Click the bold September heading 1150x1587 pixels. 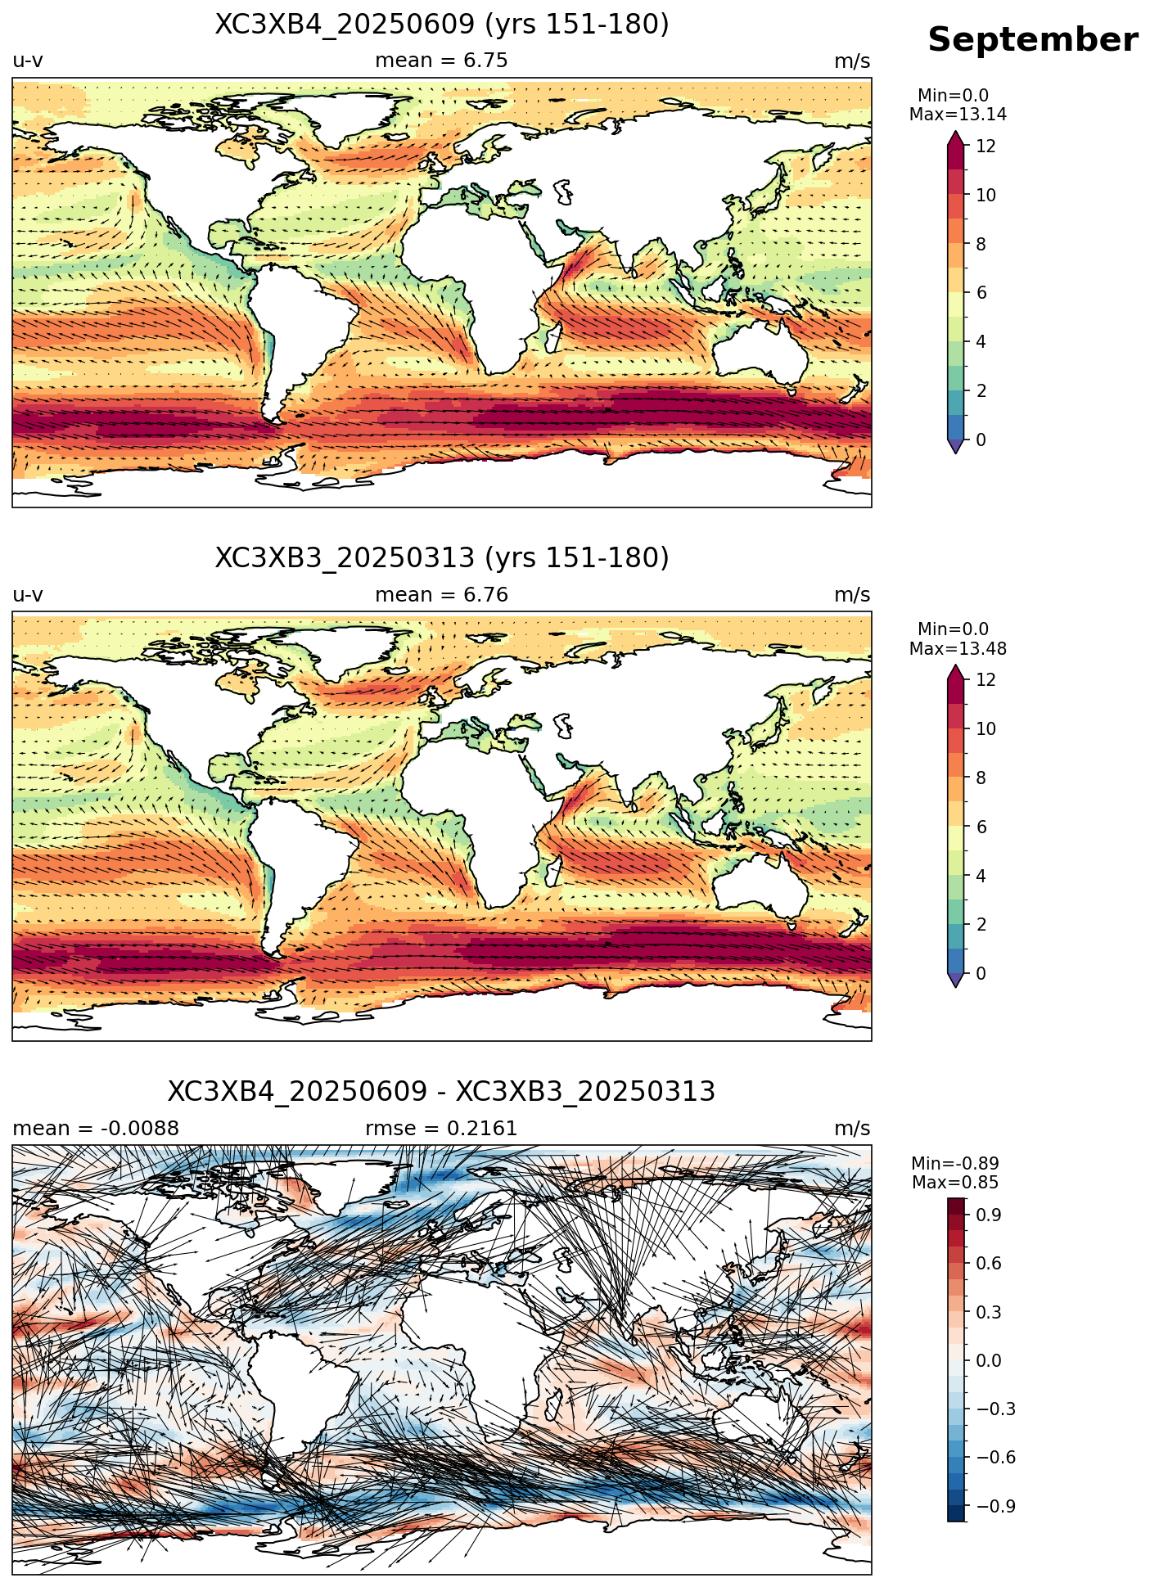(1032, 40)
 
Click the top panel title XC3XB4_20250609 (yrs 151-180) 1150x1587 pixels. (442, 25)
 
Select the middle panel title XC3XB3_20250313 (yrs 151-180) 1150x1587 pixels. (442, 558)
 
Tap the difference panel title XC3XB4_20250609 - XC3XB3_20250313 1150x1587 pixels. (442, 1092)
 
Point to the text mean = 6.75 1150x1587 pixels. (441, 61)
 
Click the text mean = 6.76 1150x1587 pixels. (441, 595)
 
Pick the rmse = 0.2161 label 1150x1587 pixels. (441, 1129)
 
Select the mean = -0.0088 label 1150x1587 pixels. (96, 1129)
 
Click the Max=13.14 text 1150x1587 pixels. (958, 115)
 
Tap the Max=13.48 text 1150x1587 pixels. (958, 649)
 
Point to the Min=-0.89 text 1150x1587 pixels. (955, 1164)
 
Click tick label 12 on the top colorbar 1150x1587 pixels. (986, 147)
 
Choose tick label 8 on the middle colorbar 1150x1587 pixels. (981, 778)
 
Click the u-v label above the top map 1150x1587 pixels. (28, 61)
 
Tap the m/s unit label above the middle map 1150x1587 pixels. (852, 595)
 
